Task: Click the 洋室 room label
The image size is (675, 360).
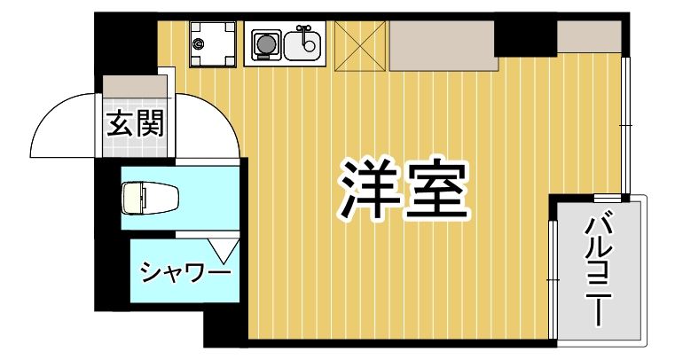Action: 401,191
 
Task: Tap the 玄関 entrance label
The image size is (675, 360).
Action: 135,124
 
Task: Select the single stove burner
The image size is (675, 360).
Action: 264,42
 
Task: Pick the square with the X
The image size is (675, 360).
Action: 359,44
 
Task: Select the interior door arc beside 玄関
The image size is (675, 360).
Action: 213,124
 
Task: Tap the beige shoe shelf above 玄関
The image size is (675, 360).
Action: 136,86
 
